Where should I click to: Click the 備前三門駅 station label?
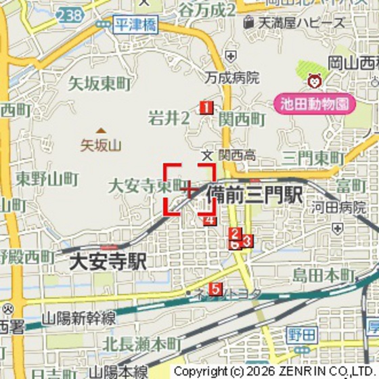(254, 194)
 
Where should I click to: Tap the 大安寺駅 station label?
(108, 261)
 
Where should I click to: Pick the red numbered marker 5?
(215, 289)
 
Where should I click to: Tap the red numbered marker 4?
(210, 219)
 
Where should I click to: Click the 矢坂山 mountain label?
(100, 145)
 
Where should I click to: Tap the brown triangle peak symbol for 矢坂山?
(101, 131)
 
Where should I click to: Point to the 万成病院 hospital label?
(233, 77)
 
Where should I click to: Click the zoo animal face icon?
(315, 82)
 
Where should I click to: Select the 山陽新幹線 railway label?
(79, 318)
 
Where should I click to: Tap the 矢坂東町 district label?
(99, 84)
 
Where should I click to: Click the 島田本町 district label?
(324, 275)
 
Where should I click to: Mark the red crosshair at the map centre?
(190, 189)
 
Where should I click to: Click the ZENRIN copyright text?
(274, 372)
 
